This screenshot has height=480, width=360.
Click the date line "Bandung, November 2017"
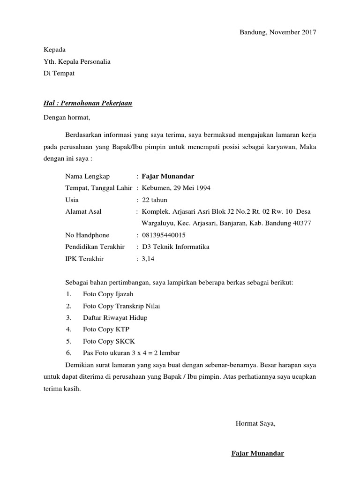coord(278,32)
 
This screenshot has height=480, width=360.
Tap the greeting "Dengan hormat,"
coord(66,117)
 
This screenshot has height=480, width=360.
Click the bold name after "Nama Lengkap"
coord(168,176)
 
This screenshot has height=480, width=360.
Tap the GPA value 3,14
coord(148,259)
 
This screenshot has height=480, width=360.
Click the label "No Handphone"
coord(87,235)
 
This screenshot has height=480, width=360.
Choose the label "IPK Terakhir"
coord(84,259)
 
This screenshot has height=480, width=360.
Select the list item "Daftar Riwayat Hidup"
coord(115,318)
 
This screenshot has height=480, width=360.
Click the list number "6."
coord(68,353)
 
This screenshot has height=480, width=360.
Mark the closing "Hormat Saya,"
coord(255,424)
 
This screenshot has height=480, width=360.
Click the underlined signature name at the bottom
coord(258,454)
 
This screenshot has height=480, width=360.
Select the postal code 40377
coord(300,223)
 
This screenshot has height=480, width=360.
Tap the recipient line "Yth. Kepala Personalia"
coord(77,61)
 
